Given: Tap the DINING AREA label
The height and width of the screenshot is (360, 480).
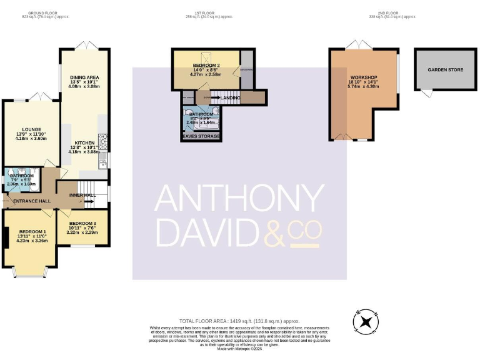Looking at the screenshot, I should click(84, 77).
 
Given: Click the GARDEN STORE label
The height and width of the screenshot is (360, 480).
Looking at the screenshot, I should click(445, 70).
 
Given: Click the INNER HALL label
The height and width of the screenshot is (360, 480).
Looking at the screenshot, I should click(82, 195).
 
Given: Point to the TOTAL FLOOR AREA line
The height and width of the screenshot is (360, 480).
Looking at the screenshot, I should click(239, 319).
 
